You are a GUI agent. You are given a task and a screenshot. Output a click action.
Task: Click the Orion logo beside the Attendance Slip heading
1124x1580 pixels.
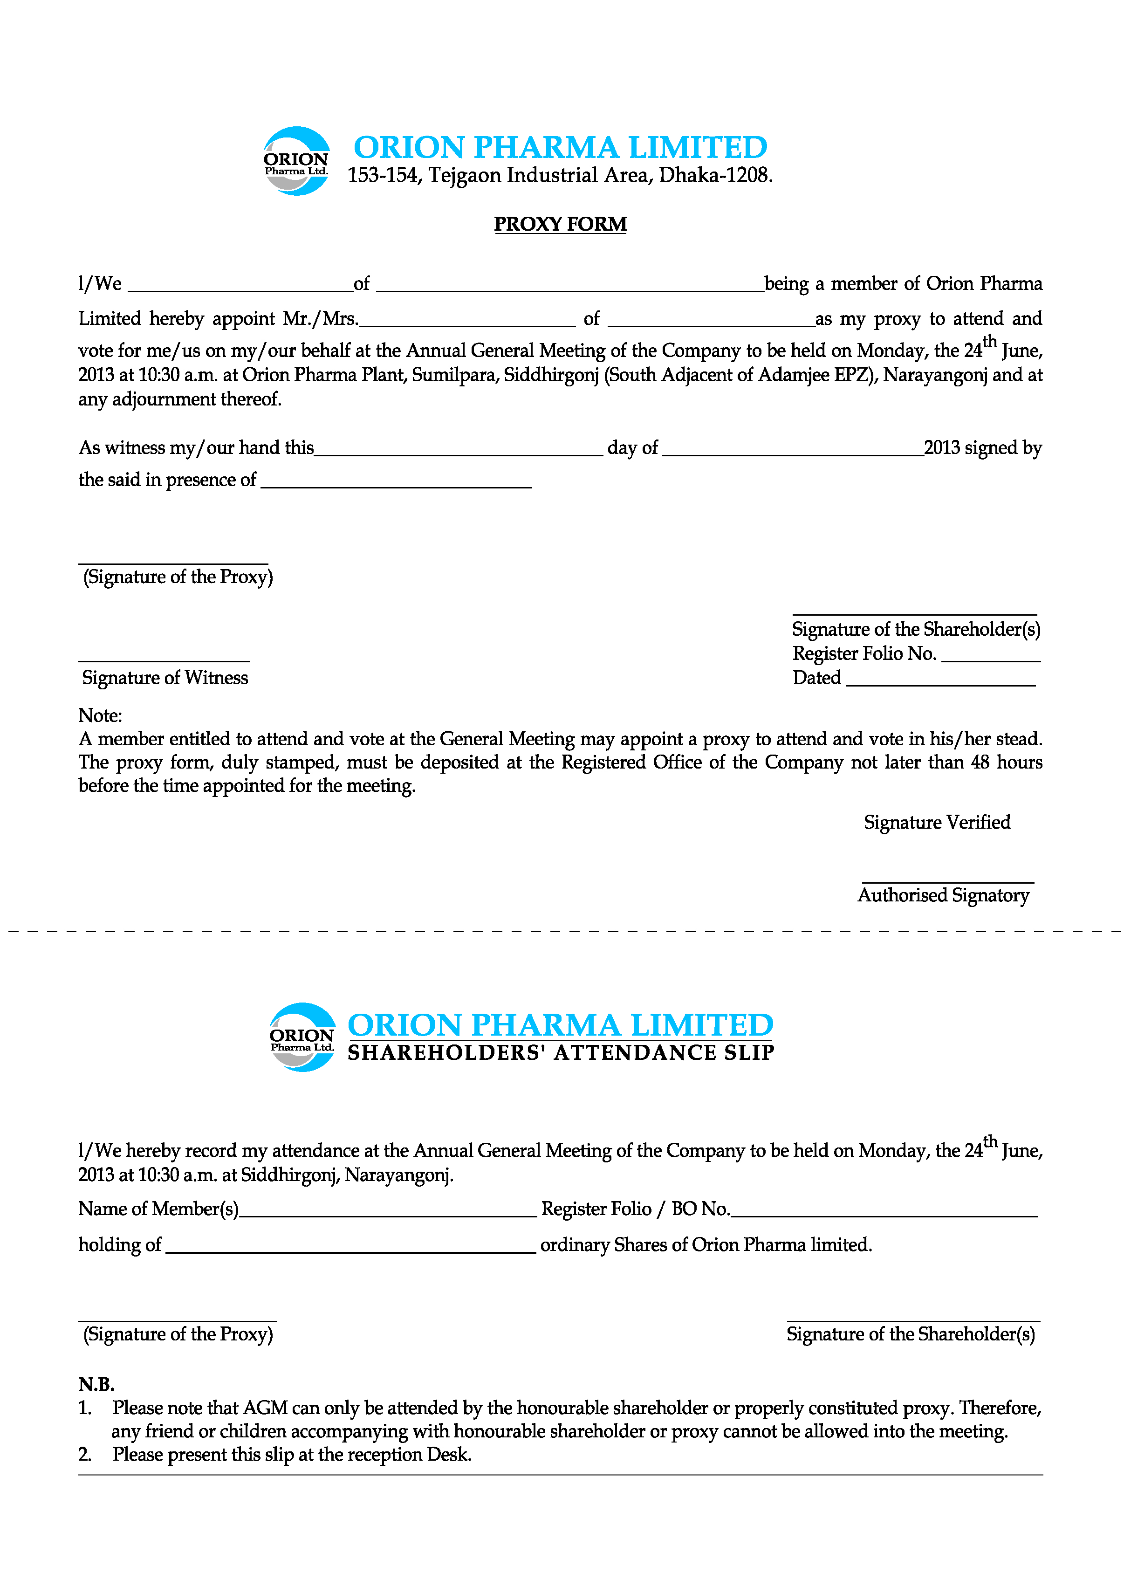[x=302, y=1037]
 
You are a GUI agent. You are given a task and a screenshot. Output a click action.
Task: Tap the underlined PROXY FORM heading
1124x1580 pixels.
[x=560, y=224]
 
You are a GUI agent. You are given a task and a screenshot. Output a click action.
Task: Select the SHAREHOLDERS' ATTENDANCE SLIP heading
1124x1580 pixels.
[x=561, y=1053]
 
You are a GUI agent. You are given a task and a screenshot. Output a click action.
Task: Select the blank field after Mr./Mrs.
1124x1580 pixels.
[x=467, y=321]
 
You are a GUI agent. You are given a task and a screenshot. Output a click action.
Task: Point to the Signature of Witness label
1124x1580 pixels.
[x=164, y=678]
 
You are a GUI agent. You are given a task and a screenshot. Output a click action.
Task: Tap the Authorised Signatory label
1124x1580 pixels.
[x=943, y=895]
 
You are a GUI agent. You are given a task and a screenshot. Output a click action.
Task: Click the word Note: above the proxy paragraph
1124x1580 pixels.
[x=100, y=715]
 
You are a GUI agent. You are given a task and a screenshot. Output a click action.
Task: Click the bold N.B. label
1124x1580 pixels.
[x=96, y=1384]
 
